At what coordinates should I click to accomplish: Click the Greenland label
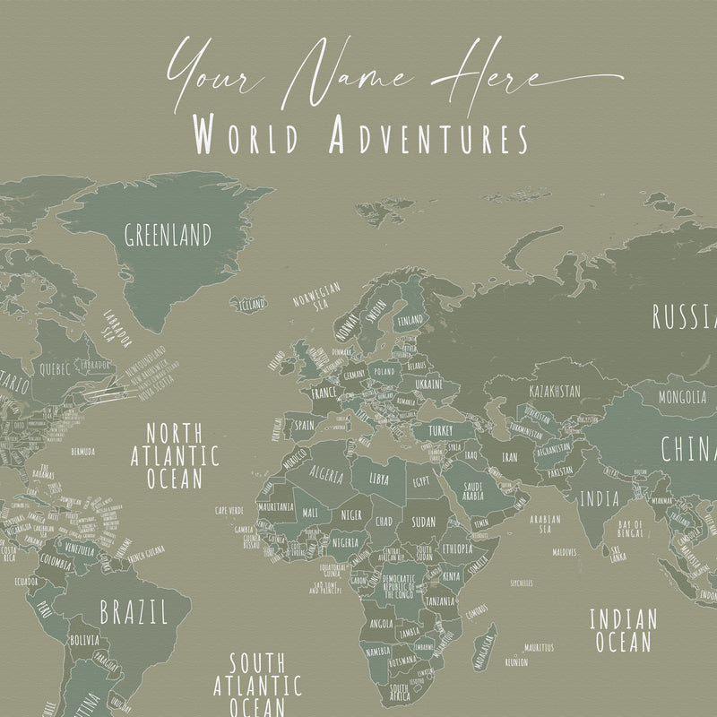(168, 236)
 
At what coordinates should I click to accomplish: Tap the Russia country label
(685, 316)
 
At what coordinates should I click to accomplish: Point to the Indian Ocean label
(623, 629)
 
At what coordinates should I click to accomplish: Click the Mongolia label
(683, 396)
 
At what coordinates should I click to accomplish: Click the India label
(598, 498)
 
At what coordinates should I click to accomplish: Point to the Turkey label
(440, 431)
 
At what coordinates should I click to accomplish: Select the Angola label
(381, 623)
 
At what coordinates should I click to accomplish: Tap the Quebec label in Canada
(52, 367)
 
